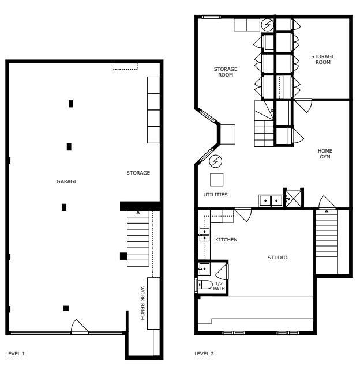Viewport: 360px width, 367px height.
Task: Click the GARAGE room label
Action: click(67, 181)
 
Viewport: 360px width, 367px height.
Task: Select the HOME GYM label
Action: click(325, 154)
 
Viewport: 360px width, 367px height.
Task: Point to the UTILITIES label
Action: click(215, 195)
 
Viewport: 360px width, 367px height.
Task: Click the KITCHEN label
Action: click(226, 240)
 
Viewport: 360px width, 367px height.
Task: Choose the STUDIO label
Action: click(277, 258)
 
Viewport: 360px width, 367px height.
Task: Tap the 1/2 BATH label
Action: click(219, 286)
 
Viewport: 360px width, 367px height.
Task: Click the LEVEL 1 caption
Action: click(15, 353)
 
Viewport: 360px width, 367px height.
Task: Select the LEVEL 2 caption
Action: click(204, 353)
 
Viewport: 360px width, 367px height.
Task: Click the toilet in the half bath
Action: click(204, 284)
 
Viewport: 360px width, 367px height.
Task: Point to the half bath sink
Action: click(204, 268)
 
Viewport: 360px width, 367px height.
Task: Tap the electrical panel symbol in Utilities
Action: click(215, 161)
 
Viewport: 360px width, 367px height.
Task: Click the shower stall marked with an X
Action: click(293, 199)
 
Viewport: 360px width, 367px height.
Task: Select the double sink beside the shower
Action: click(270, 200)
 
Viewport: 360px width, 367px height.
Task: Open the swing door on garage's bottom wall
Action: click(78, 328)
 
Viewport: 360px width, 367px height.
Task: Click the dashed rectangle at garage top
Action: click(125, 67)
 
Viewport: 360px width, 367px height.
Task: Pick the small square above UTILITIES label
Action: click(216, 179)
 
